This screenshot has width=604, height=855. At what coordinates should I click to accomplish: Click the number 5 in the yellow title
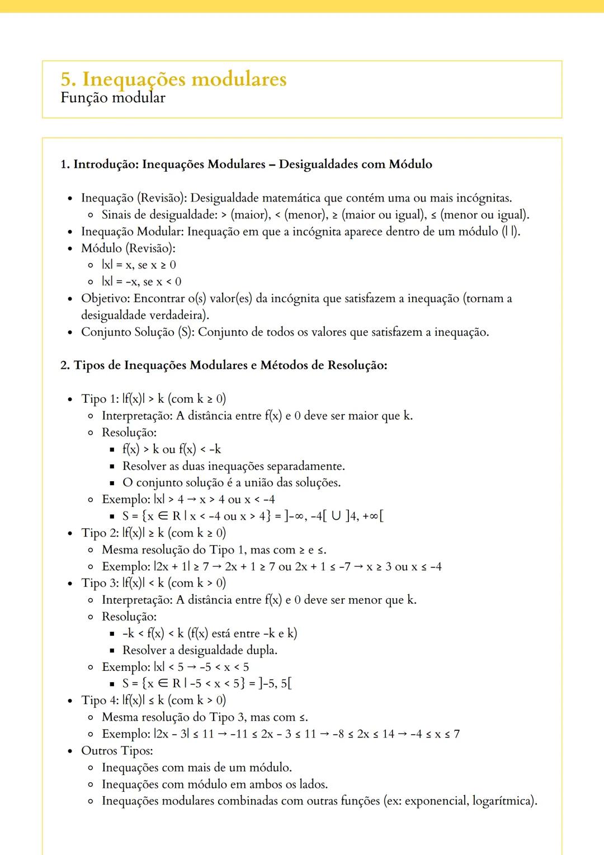click(x=67, y=79)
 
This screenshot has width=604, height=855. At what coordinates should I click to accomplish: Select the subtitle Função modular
click(x=113, y=98)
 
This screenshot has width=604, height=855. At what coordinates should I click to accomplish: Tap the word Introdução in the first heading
click(x=106, y=164)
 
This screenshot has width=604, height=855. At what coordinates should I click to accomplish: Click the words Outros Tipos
click(x=116, y=751)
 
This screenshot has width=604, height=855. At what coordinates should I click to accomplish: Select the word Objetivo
click(x=105, y=298)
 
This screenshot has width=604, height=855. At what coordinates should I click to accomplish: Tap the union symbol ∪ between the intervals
click(x=336, y=516)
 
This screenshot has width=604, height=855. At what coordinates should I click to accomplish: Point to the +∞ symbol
click(x=370, y=516)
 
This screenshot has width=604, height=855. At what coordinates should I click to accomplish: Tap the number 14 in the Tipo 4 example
click(x=388, y=734)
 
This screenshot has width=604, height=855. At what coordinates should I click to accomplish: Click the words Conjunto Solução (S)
click(x=136, y=332)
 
